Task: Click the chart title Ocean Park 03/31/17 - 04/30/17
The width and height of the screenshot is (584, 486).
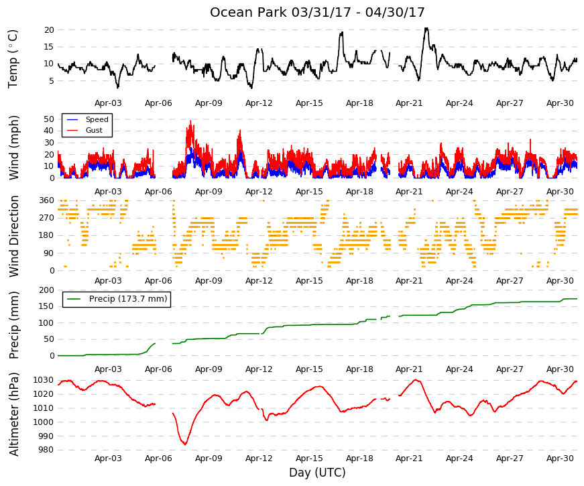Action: coord(317,12)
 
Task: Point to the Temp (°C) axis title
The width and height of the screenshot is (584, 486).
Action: coord(13,59)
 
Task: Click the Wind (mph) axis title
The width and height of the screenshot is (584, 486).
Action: coord(13,148)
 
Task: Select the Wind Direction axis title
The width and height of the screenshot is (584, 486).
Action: coord(13,237)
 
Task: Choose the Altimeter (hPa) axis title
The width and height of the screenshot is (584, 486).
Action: coord(13,414)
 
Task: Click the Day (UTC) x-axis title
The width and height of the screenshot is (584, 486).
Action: coord(317,473)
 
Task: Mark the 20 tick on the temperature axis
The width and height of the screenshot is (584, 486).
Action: coord(49,30)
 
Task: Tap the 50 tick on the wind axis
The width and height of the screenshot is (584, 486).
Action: coord(49,119)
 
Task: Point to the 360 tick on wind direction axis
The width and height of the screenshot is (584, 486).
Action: coord(47,200)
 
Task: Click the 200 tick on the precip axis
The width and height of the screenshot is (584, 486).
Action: coord(47,290)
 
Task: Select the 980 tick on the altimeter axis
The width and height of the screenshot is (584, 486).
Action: coord(47,450)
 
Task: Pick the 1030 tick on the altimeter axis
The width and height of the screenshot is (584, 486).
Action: coord(45,380)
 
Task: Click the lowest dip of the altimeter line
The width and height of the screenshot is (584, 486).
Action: coord(185,444)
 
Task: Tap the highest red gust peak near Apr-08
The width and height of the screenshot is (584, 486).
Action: coord(190,121)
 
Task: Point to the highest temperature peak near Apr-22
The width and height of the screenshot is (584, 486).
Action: coord(426,28)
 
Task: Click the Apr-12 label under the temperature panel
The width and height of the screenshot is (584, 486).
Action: coord(259,103)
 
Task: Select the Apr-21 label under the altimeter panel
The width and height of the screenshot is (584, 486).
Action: coord(409,459)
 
